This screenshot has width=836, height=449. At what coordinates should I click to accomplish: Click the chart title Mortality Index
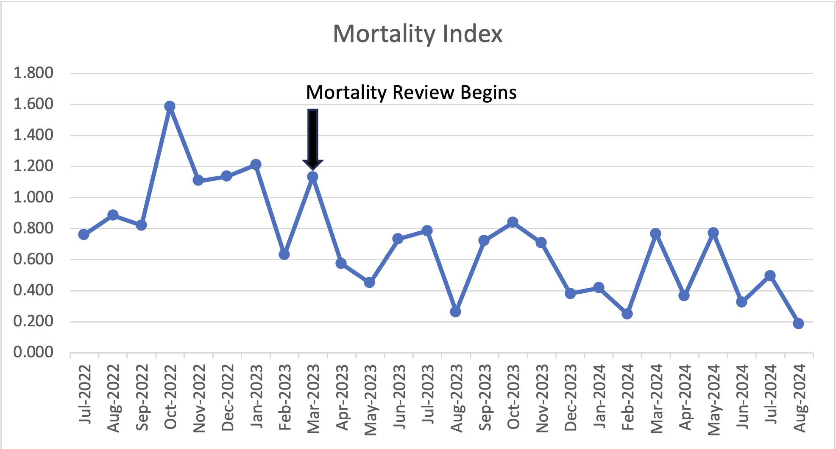pyautogui.click(x=418, y=34)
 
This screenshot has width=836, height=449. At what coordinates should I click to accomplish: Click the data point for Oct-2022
pyautogui.click(x=170, y=106)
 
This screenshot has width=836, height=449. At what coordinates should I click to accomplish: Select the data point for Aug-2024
pyautogui.click(x=798, y=324)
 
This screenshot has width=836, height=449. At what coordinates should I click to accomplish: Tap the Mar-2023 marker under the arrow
pyautogui.click(x=312, y=177)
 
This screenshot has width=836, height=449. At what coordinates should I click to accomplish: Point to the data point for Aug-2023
pyautogui.click(x=455, y=312)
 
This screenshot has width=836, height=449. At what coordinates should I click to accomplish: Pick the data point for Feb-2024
pyautogui.click(x=627, y=314)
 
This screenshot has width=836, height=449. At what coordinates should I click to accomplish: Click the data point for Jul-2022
pyautogui.click(x=84, y=234)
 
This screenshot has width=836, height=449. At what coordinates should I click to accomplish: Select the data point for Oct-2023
pyautogui.click(x=513, y=222)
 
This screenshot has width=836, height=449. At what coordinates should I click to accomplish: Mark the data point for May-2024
pyautogui.click(x=713, y=233)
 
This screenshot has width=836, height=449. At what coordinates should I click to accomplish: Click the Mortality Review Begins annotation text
pyautogui.click(x=411, y=93)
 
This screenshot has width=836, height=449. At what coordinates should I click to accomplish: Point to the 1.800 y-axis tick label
pyautogui.click(x=33, y=73)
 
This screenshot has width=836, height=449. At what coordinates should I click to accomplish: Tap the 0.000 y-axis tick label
pyautogui.click(x=33, y=352)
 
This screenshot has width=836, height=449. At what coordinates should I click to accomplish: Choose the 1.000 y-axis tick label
pyautogui.click(x=33, y=197)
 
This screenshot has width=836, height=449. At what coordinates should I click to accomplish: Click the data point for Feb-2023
pyautogui.click(x=284, y=255)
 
